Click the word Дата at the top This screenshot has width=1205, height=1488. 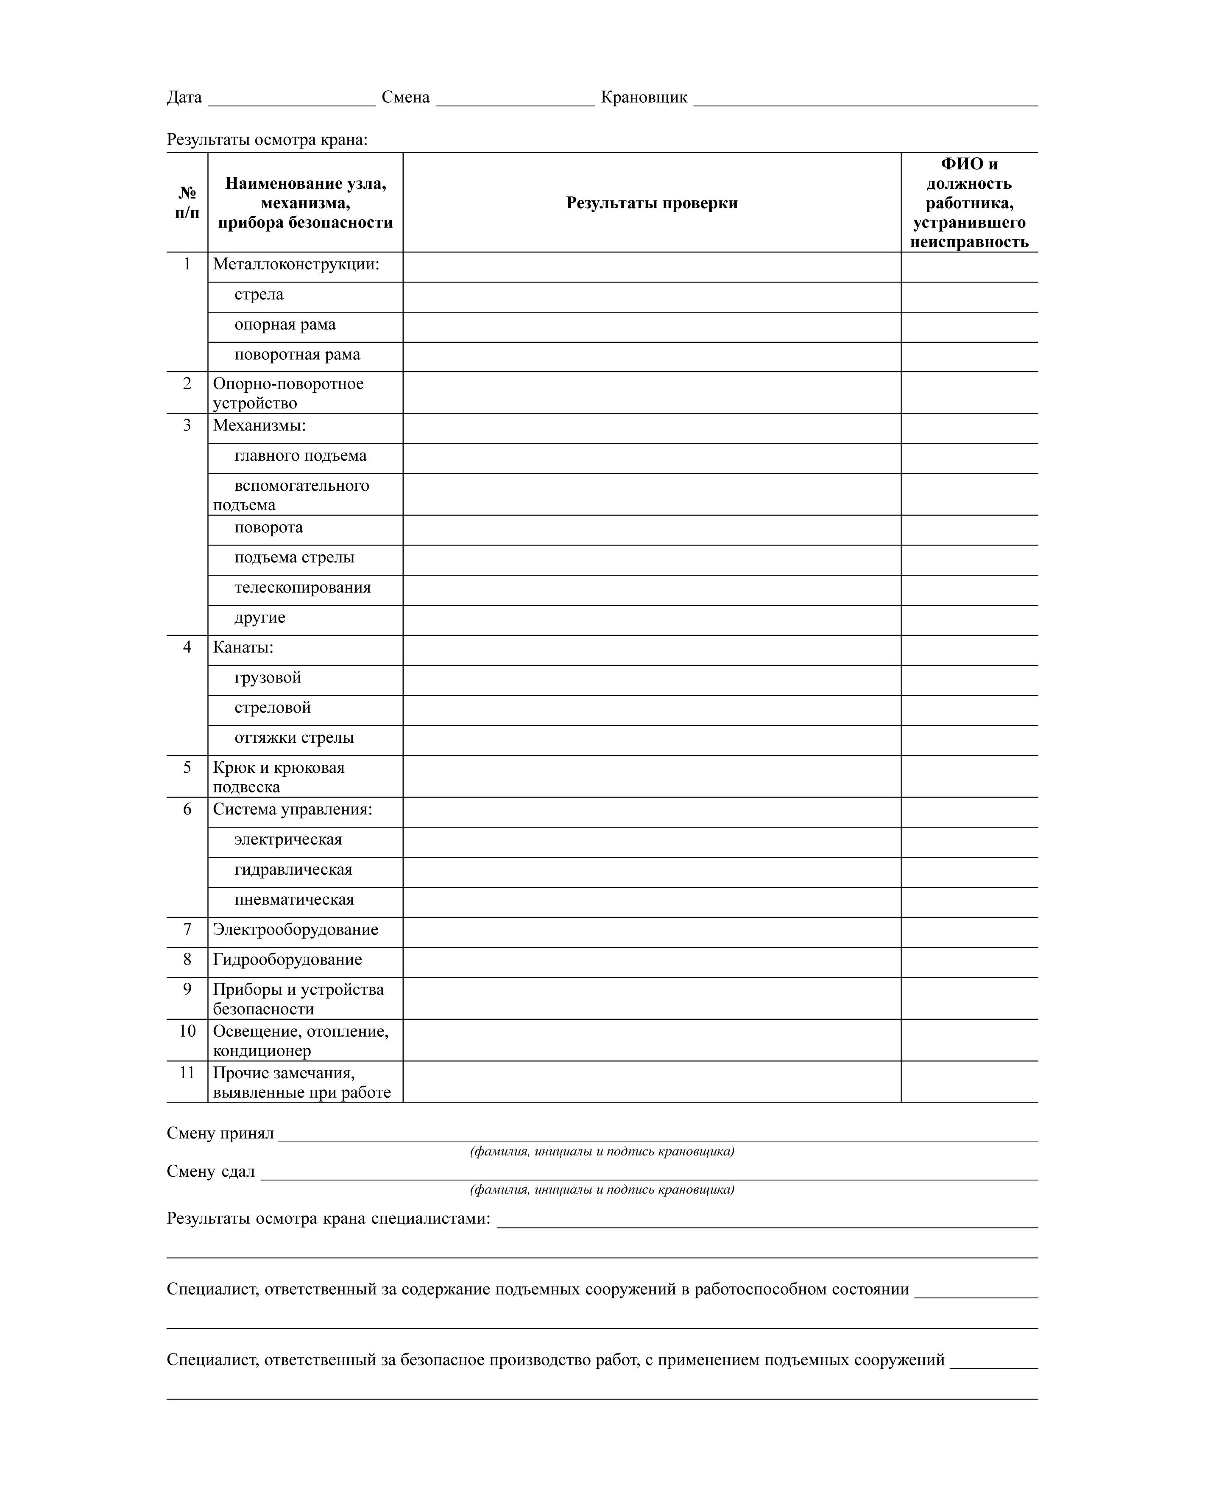[184, 97]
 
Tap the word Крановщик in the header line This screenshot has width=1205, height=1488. [644, 97]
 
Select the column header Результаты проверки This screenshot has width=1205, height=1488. [651, 203]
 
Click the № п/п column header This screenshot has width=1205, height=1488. [187, 203]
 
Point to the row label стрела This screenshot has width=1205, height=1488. [259, 294]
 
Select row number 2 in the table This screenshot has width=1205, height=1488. [187, 384]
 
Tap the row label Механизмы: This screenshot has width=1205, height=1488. [259, 425]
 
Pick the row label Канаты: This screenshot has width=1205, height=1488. [243, 648]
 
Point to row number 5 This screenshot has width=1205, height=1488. [187, 768]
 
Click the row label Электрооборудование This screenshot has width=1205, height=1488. [295, 930]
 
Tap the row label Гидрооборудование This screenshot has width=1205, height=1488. [287, 959]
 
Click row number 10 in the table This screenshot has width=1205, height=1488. [187, 1031]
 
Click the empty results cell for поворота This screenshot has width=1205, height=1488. [651, 530]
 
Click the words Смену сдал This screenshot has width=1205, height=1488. [210, 1172]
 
